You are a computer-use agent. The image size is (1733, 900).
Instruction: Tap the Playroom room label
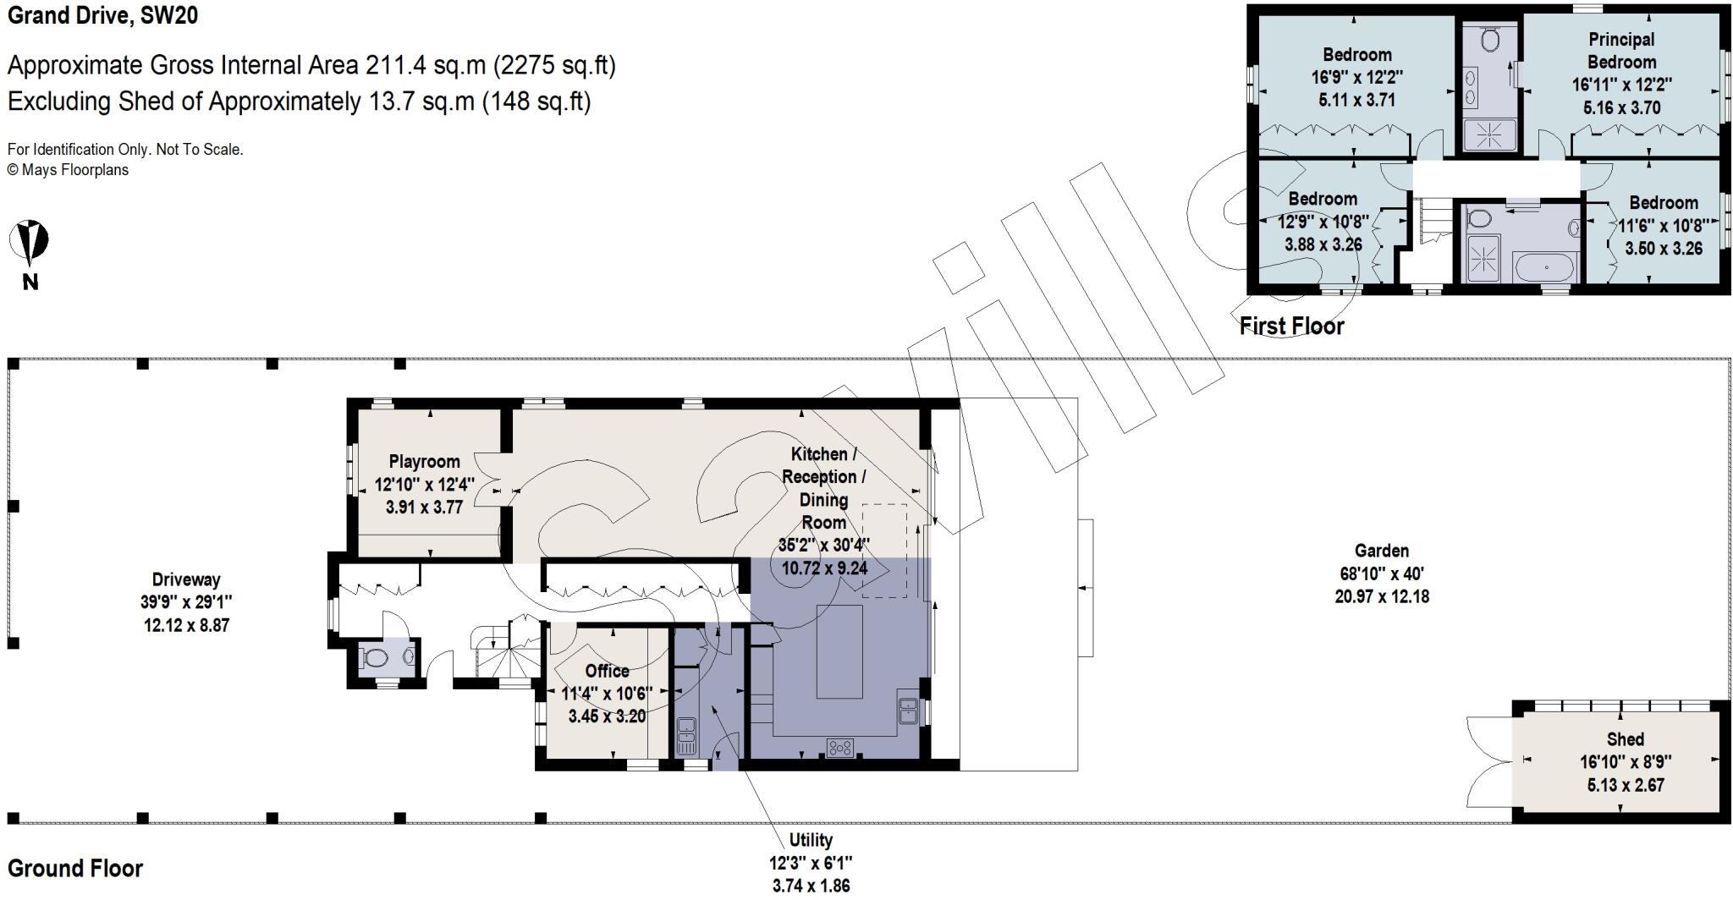tap(424, 462)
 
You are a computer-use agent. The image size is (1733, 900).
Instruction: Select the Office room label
tap(607, 671)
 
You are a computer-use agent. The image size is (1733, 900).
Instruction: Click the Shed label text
tap(1625, 739)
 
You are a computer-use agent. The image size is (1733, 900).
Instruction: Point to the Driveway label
tap(186, 579)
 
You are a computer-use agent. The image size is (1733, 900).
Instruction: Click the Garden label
tap(1381, 551)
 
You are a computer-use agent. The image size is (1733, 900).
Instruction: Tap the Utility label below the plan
tap(811, 840)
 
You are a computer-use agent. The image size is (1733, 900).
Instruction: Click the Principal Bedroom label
tap(1621, 51)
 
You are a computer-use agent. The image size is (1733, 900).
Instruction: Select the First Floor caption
tap(1291, 326)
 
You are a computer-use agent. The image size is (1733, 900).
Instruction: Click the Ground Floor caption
tap(75, 869)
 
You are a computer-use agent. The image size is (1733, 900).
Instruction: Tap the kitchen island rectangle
tap(839, 651)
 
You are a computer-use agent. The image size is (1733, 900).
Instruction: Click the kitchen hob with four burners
tap(840, 748)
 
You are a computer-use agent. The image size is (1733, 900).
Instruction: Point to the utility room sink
tap(686, 736)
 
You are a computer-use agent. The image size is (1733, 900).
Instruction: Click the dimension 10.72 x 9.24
tap(824, 568)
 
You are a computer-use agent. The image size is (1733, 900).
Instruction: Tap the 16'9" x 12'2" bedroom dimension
tap(1357, 77)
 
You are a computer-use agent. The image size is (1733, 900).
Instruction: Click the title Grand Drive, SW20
tap(103, 15)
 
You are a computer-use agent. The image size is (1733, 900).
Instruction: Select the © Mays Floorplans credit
tap(69, 170)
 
